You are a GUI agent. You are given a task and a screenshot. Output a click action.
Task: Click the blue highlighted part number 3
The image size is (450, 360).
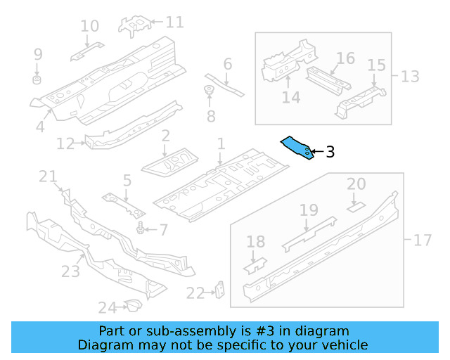tap(297, 147)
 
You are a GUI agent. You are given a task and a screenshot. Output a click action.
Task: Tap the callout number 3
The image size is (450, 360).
tap(330, 151)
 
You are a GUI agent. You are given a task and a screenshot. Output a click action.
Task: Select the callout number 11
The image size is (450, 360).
tap(174, 22)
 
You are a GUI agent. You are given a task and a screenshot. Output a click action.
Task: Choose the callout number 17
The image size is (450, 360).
tap(422, 240)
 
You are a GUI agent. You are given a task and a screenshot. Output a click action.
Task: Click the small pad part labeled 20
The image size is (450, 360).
tap(356, 207)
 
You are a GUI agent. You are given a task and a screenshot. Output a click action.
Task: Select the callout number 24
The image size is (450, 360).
tap(106, 307)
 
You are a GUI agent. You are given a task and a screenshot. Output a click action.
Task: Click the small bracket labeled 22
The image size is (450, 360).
tap(220, 290)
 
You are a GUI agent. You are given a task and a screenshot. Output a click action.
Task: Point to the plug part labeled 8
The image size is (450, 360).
tap(209, 89)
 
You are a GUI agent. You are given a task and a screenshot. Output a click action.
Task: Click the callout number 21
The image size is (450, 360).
tap(47, 177)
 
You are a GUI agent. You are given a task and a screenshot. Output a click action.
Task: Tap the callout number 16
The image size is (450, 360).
tap(345, 58)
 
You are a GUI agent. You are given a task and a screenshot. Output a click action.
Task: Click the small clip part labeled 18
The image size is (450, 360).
tap(255, 264)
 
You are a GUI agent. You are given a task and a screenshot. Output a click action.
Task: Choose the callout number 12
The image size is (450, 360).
tap(65, 144)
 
